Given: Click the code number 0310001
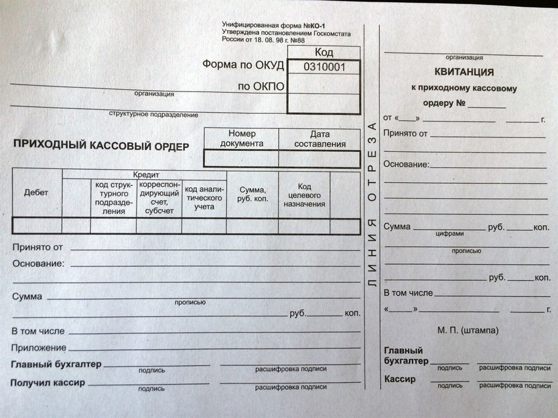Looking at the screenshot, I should (324, 67).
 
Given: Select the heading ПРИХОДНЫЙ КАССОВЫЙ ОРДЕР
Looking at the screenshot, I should (101, 145).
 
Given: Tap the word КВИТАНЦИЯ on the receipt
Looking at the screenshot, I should (464, 72).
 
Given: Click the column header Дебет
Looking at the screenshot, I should (36, 193).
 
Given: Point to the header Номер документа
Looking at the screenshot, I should (242, 138).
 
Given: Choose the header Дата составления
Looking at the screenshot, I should (320, 139).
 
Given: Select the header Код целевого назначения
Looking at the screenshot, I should (305, 195).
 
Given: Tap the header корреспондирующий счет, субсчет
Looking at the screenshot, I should (159, 197).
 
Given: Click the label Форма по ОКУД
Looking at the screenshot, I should (243, 65).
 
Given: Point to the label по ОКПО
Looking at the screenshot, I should (261, 86).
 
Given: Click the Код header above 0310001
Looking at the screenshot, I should (324, 52).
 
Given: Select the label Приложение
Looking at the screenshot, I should (39, 347).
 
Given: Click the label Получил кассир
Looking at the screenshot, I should (47, 383).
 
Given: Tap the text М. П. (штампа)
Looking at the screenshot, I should (468, 330).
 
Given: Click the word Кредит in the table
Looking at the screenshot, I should (145, 175).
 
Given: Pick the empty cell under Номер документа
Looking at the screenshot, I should (241, 158).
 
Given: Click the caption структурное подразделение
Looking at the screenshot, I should (154, 115).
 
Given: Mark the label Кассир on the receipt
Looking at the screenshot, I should (399, 379).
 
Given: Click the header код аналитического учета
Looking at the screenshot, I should (204, 198).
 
